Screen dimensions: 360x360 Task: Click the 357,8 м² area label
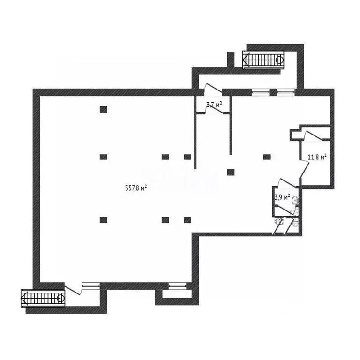pyautogui.click(x=136, y=188)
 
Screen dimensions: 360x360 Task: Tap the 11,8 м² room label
pyautogui.click(x=317, y=157)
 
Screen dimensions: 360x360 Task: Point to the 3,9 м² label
pyautogui.click(x=282, y=197)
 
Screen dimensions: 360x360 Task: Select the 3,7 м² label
pyautogui.click(x=214, y=105)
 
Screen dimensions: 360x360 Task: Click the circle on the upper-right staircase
pyautogui.click(x=279, y=60)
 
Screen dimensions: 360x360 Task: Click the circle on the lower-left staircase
pyautogui.click(x=60, y=298)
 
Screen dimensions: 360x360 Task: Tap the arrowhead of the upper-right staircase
pyautogui.click(x=246, y=60)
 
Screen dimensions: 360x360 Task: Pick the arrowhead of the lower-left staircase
pyautogui.click(x=24, y=298)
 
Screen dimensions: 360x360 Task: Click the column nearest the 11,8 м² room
pyautogui.click(x=267, y=157)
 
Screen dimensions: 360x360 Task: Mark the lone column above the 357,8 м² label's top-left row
pyautogui.click(x=104, y=110)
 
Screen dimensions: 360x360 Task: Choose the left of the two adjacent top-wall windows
pyautogui.click(x=260, y=92)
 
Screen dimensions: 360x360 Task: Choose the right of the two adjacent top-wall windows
pyautogui.click(x=285, y=92)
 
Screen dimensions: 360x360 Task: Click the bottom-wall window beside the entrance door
pyautogui.click(x=91, y=285)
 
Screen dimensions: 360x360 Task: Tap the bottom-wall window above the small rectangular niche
pyautogui.click(x=178, y=285)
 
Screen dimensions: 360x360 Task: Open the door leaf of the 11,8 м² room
pyautogui.click(x=304, y=169)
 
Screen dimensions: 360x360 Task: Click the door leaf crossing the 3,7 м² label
pyautogui.click(x=215, y=109)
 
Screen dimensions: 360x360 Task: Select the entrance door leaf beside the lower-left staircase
pyautogui.click(x=72, y=290)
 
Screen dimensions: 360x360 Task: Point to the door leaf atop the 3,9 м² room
pyautogui.click(x=288, y=182)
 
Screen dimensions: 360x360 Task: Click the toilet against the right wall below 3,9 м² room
pyautogui.click(x=295, y=223)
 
